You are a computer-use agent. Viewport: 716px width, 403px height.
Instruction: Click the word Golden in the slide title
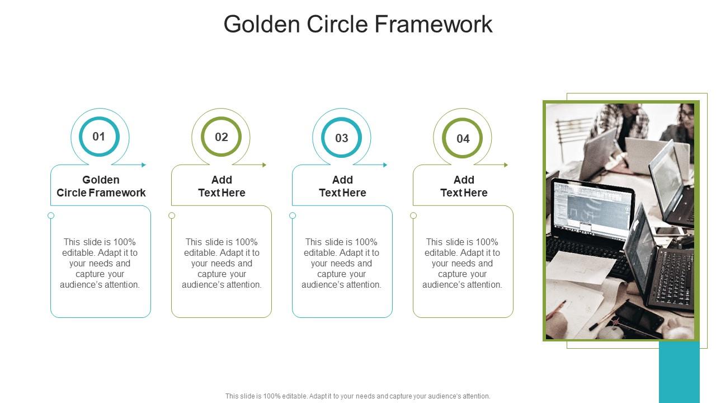click(x=261, y=24)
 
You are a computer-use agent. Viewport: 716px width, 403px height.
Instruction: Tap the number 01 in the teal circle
click(x=99, y=137)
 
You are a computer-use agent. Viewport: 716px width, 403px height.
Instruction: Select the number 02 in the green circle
click(x=222, y=137)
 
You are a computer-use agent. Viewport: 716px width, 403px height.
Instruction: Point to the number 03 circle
click(x=342, y=138)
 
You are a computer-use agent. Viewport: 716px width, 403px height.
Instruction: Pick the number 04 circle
click(x=463, y=138)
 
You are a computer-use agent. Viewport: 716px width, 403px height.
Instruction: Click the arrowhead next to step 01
click(x=144, y=165)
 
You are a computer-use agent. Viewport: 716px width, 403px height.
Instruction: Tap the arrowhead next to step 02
click(x=265, y=165)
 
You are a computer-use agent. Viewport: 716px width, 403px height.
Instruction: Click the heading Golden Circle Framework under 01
click(x=101, y=186)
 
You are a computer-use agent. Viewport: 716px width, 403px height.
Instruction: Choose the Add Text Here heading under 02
click(x=222, y=186)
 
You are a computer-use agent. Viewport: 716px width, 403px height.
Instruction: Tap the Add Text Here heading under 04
click(x=464, y=186)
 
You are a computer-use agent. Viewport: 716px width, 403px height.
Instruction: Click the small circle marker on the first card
click(x=51, y=215)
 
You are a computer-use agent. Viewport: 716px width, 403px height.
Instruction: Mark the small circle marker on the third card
click(x=293, y=215)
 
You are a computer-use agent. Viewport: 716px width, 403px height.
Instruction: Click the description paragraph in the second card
click(x=222, y=263)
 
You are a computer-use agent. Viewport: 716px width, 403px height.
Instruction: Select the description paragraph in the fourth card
click(x=463, y=263)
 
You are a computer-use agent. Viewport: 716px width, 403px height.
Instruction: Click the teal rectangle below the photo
click(x=679, y=372)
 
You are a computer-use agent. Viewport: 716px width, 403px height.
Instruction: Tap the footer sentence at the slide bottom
click(x=358, y=396)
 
